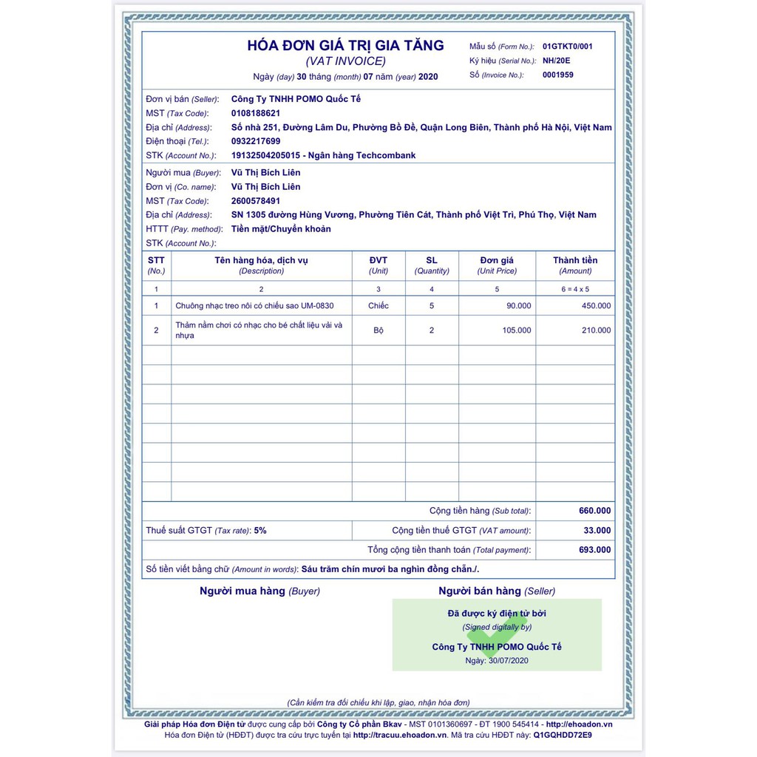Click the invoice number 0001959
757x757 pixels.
(x=557, y=75)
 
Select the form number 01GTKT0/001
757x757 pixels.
(x=567, y=46)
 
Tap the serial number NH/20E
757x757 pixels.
(x=556, y=61)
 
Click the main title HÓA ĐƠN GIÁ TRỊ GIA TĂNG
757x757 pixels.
(x=345, y=45)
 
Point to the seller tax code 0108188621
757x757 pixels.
(x=255, y=113)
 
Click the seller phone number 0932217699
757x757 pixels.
(x=255, y=141)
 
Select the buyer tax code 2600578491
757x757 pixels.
(x=255, y=201)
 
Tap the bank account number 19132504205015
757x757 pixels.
(x=265, y=155)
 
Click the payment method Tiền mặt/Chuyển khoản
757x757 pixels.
(x=281, y=229)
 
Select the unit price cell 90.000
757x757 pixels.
(x=518, y=306)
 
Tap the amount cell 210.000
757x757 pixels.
(x=596, y=330)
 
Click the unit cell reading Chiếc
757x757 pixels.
(x=378, y=306)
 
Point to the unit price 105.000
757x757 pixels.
(x=516, y=330)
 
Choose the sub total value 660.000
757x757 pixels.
(x=594, y=511)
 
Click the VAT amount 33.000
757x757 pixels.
(x=597, y=530)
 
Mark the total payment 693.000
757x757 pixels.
(x=594, y=550)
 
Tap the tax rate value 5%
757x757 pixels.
(x=259, y=531)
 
